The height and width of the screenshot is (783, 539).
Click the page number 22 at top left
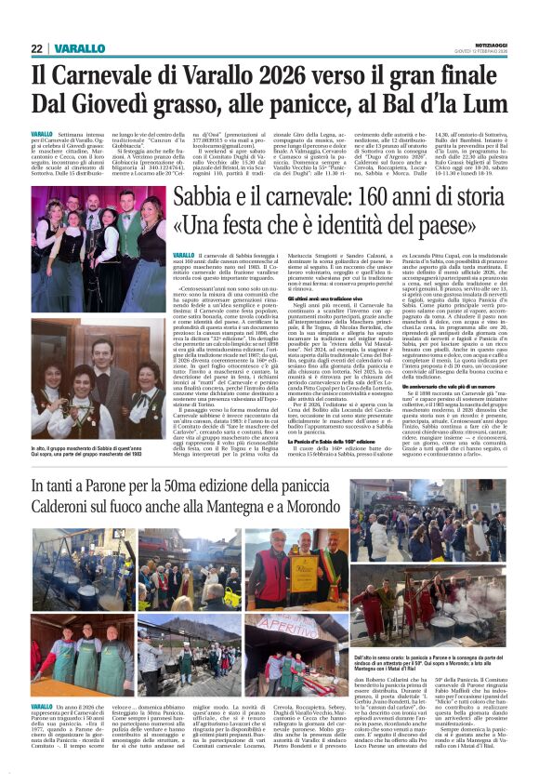(38, 48)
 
